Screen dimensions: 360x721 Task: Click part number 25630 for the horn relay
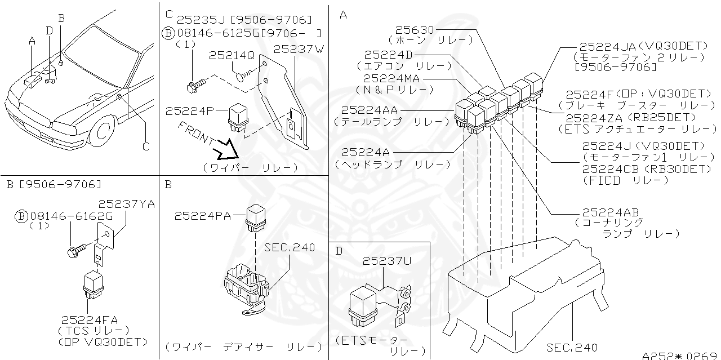(415, 30)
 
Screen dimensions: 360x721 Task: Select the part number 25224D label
(389, 55)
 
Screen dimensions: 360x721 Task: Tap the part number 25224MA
(391, 79)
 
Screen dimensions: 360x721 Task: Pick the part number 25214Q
(232, 55)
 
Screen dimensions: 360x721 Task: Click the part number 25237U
(386, 261)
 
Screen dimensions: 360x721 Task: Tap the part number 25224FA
(90, 319)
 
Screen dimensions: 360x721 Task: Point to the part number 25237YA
(127, 203)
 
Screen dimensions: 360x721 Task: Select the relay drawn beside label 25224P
(235, 117)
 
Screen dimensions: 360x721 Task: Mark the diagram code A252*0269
(680, 355)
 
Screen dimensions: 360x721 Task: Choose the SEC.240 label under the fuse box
(572, 347)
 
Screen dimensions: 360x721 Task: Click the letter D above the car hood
(50, 30)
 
